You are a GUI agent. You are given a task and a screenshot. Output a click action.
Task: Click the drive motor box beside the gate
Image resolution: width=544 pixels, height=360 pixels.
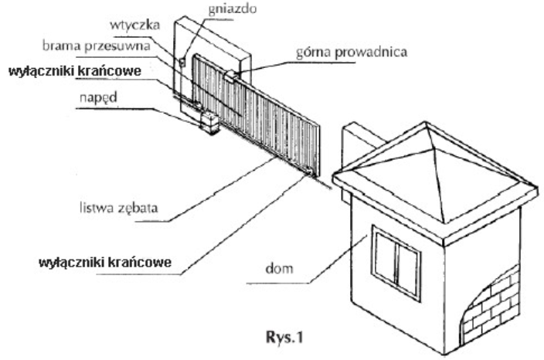(x=209, y=122)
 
